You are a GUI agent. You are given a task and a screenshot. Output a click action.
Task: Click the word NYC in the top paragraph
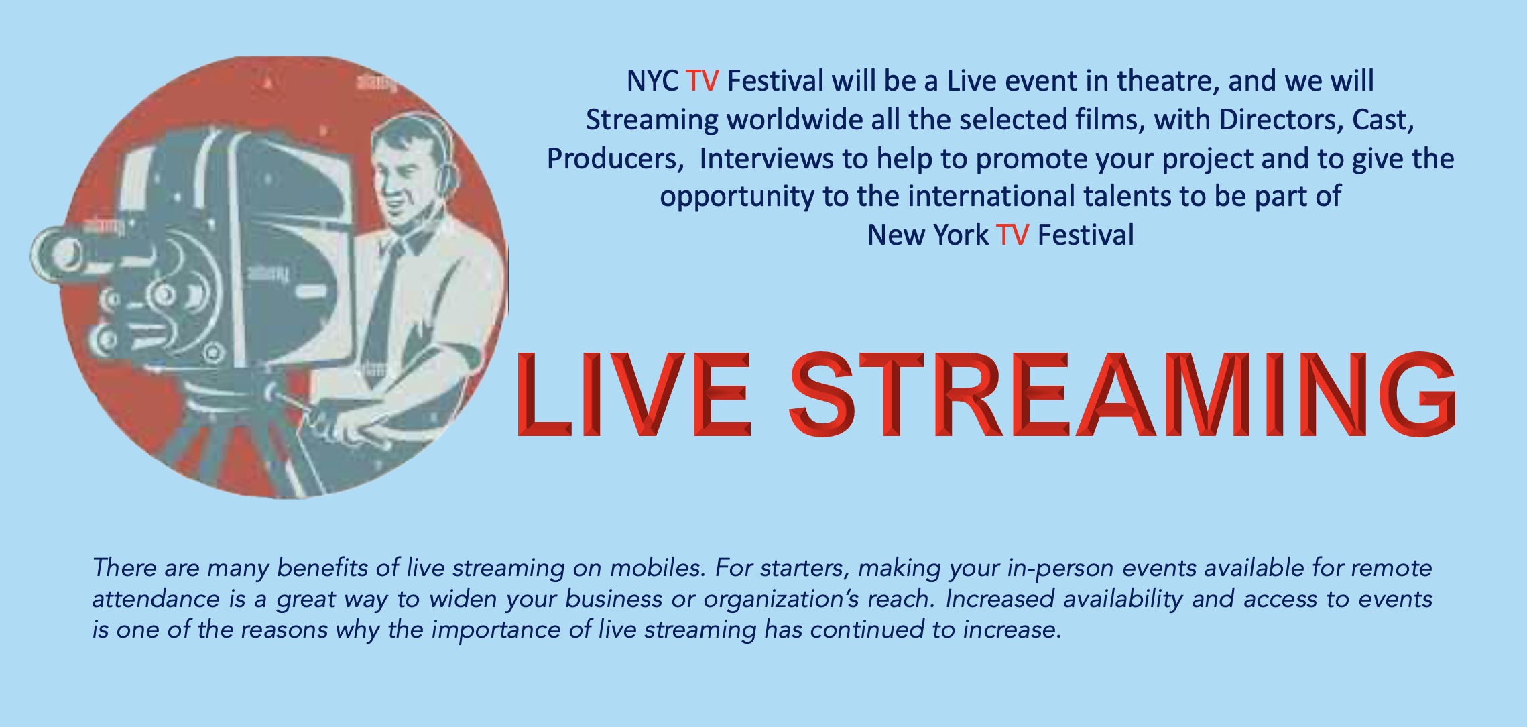[652, 81]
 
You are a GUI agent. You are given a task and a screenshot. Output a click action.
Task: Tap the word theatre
[1168, 81]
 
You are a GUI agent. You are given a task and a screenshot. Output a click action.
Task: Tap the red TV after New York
[1012, 235]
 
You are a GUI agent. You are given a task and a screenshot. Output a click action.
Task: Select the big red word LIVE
[633, 394]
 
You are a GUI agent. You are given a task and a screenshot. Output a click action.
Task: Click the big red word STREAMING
[1123, 394]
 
